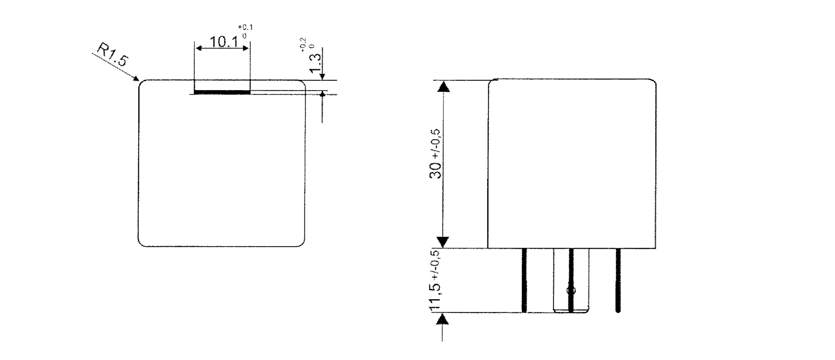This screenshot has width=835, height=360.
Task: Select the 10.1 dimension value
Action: point(223,42)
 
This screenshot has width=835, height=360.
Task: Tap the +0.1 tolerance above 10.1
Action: point(245,27)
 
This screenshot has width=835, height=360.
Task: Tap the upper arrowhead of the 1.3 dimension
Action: point(322,76)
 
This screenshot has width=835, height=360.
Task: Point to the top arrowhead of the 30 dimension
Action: point(443,86)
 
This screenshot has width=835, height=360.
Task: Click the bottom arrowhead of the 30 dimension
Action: point(443,241)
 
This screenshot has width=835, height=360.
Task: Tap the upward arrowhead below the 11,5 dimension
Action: point(442,320)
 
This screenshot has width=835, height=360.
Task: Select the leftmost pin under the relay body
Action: point(524,280)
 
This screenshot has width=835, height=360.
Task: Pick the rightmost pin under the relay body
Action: point(618,280)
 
